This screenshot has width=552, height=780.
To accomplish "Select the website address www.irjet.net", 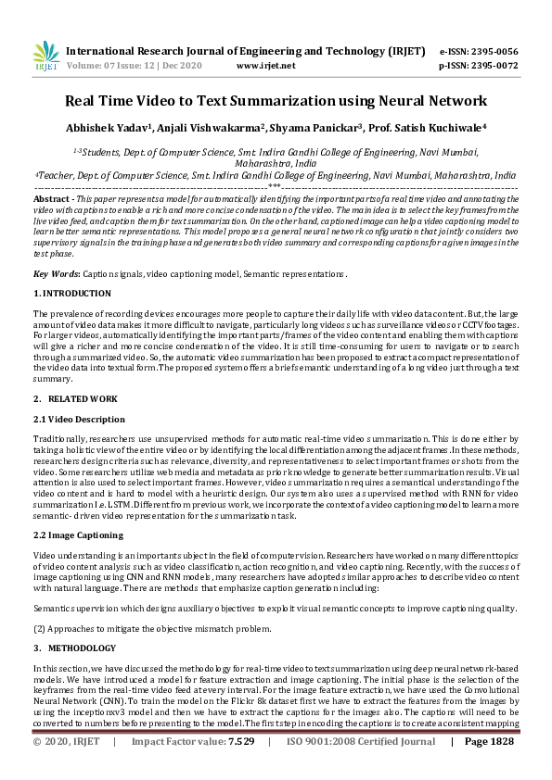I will [x=267, y=66].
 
